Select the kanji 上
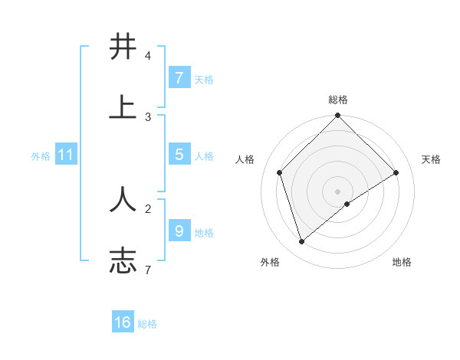coord(123,107)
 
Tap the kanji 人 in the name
coord(123,198)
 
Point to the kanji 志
coord(123,260)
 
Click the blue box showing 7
coord(179,78)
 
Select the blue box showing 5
coord(179,155)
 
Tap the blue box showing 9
coord(179,231)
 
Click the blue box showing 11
coord(65,155)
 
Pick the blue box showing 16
coord(123,322)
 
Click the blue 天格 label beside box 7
coord(204,80)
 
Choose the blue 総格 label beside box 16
coord(147,324)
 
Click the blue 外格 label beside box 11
coord(41,156)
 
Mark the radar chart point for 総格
coord(337,116)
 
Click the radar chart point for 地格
coord(347,204)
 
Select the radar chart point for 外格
coord(302,241)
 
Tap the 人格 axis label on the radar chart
coord(245,159)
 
